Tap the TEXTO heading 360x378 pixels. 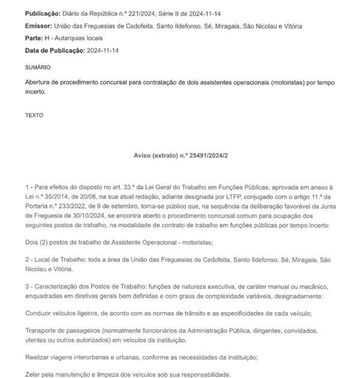tap(35, 113)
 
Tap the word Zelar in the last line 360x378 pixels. tap(34, 374)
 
